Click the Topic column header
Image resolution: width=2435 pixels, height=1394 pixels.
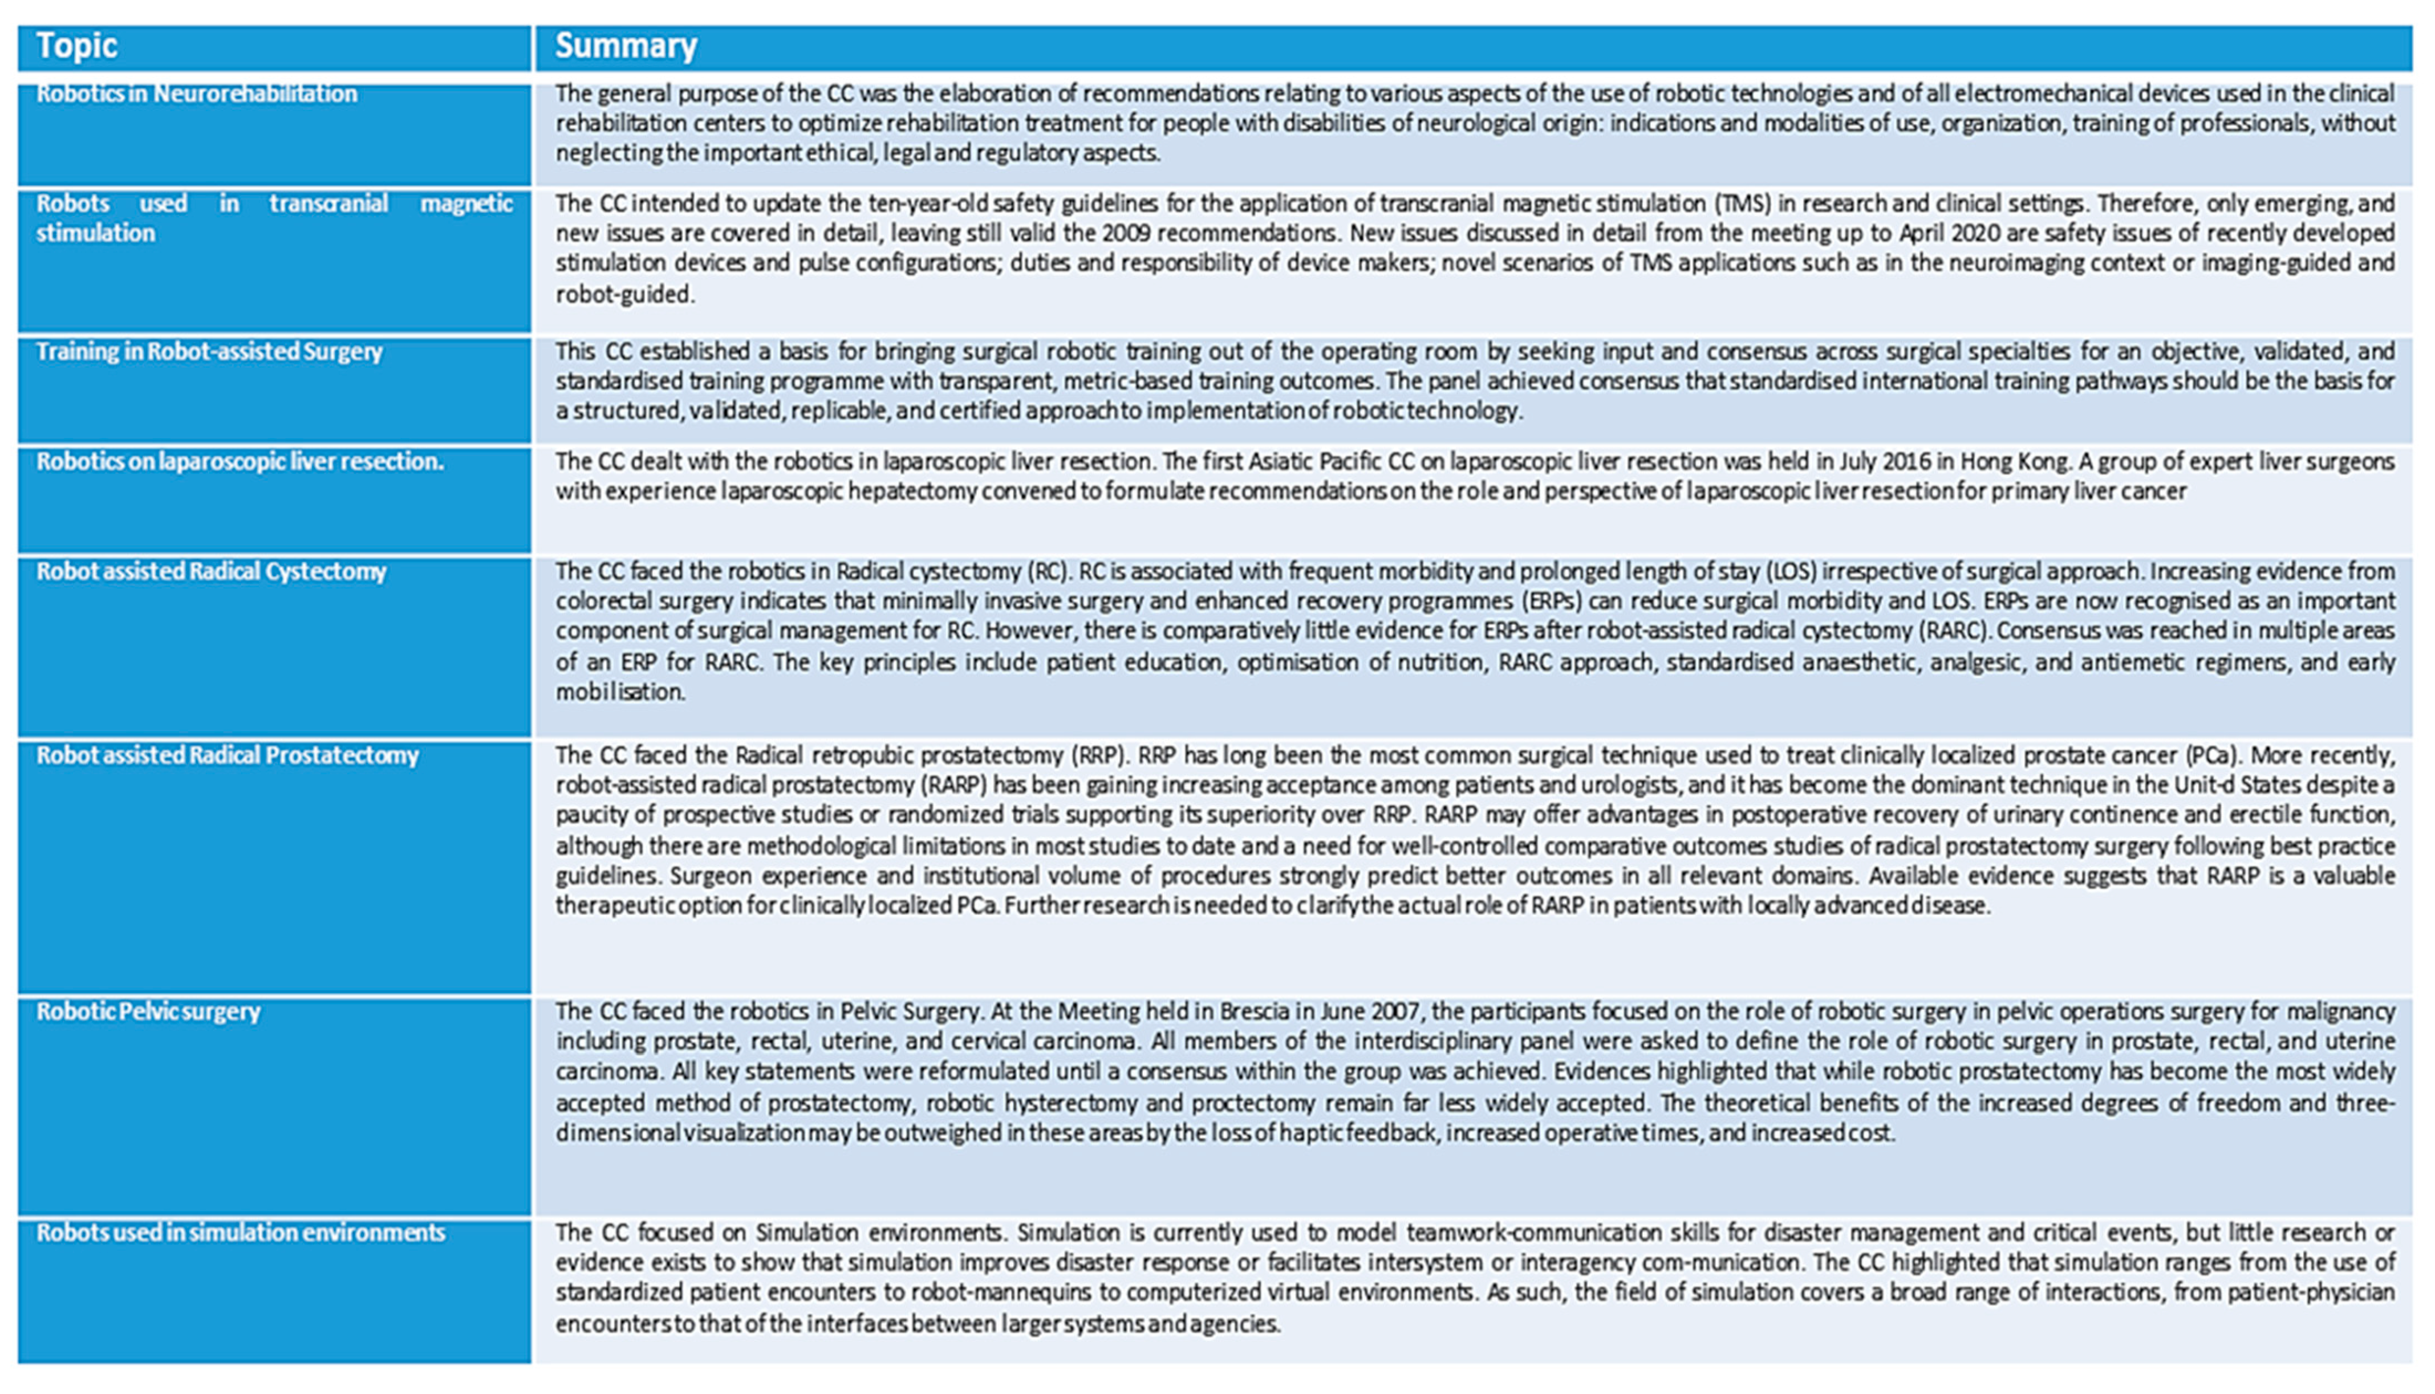[76, 46]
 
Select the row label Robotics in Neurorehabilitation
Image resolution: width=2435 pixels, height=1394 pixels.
[196, 94]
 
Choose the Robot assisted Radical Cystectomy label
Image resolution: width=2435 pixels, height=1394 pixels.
[210, 572]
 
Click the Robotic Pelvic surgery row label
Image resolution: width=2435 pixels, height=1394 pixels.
[148, 1012]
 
